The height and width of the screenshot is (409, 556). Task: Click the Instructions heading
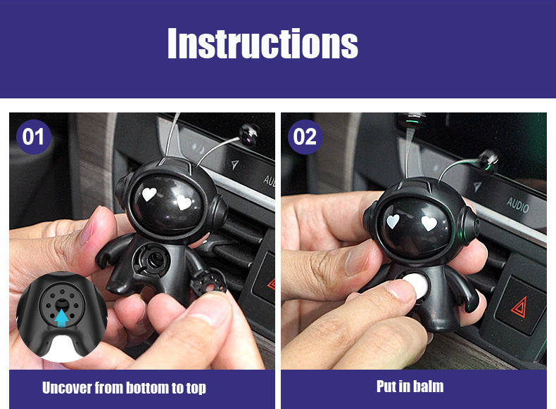click(263, 43)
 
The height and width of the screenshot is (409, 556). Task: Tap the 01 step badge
click(33, 137)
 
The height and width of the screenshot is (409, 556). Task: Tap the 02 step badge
click(305, 137)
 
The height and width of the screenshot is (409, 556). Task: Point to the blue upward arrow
click(62, 318)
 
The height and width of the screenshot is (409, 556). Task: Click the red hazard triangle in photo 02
click(519, 307)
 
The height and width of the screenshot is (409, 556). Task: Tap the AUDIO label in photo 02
click(518, 204)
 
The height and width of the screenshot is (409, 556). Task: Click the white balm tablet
click(416, 285)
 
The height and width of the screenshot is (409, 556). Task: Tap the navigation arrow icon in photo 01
click(234, 164)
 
